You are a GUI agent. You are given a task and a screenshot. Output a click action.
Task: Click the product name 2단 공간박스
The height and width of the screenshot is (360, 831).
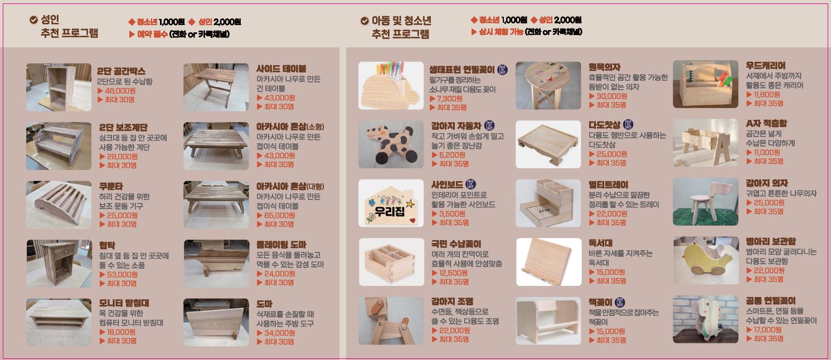(x=122, y=71)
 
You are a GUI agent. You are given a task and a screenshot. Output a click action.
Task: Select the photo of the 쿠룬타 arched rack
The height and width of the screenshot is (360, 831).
(x=59, y=204)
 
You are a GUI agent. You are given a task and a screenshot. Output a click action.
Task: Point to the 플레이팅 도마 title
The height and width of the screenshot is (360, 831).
(x=281, y=245)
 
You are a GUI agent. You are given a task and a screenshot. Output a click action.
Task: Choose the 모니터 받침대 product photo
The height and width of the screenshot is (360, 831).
(x=59, y=322)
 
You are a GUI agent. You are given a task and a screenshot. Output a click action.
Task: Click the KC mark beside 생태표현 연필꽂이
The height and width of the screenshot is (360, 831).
(x=502, y=70)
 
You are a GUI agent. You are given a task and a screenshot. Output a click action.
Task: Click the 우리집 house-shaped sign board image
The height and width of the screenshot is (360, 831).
(x=391, y=203)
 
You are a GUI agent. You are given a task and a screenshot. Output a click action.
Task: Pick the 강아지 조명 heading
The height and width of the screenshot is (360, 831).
(x=452, y=302)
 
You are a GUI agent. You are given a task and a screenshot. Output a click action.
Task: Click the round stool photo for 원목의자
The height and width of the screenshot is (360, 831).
(x=548, y=85)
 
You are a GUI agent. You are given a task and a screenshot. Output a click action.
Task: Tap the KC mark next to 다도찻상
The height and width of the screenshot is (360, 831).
(x=628, y=124)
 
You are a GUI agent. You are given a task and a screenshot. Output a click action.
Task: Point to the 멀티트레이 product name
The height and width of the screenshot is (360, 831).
(x=608, y=185)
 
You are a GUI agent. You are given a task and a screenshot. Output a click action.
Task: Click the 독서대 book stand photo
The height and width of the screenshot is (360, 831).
(x=548, y=261)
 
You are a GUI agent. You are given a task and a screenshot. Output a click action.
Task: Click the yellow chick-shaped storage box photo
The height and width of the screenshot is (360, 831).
(x=705, y=260)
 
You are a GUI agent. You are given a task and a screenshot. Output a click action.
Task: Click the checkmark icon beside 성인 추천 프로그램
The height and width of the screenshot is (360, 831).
(x=33, y=20)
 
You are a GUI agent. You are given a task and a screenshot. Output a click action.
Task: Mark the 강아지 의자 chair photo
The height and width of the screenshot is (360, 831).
(x=705, y=201)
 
